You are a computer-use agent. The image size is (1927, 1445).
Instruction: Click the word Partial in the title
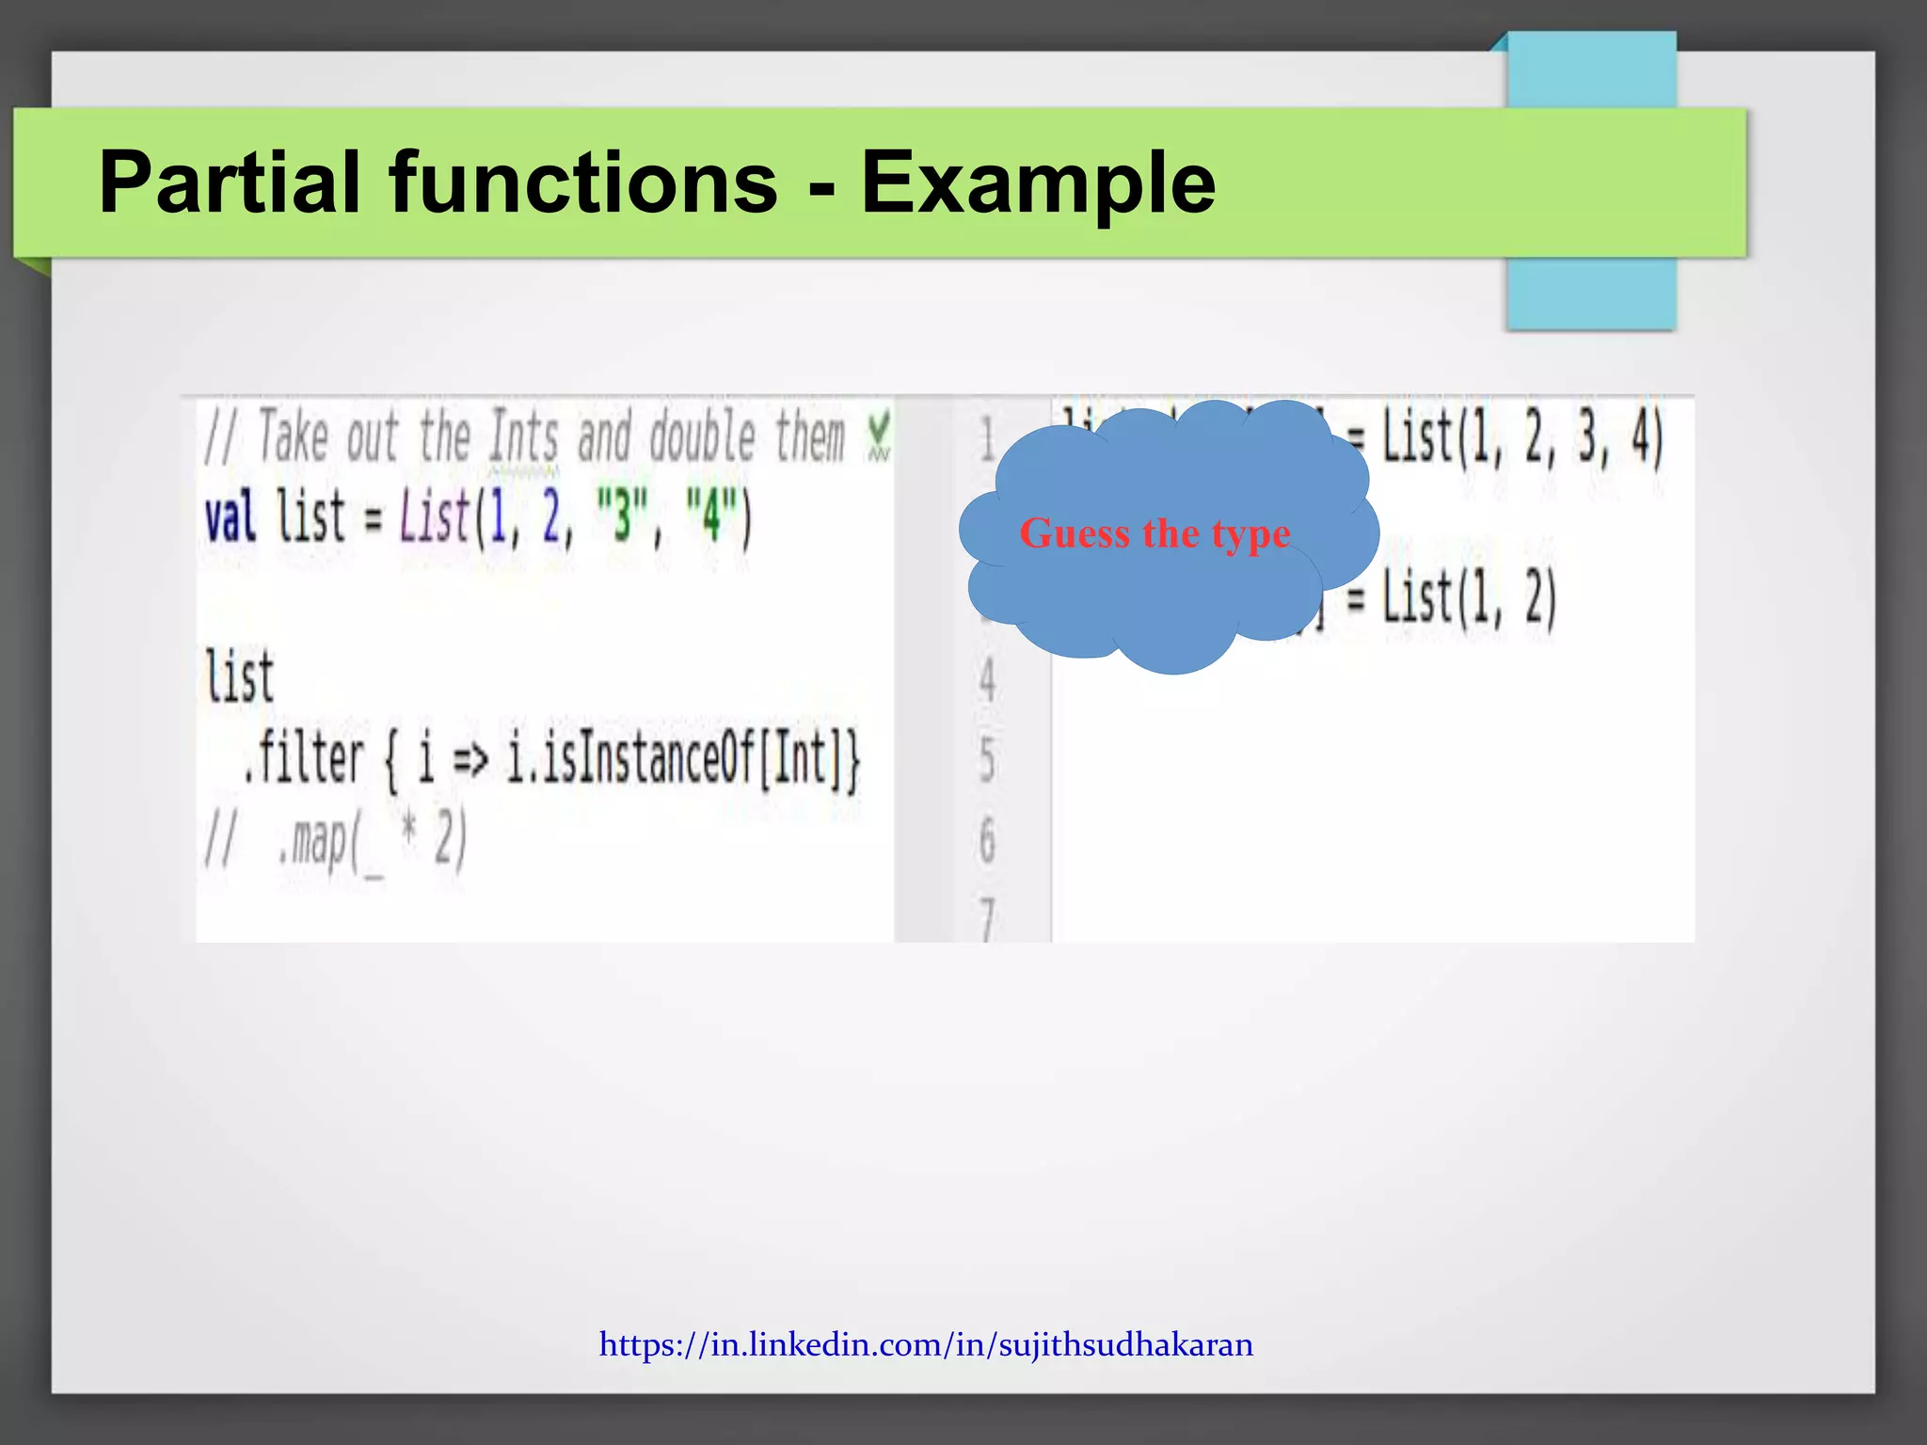coord(231,183)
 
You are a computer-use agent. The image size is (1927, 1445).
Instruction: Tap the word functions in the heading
coord(583,183)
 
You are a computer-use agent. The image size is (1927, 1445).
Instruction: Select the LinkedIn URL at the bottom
coord(926,1344)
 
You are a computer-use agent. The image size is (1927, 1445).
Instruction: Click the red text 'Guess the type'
coord(1155,533)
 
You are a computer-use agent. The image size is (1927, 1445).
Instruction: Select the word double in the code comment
coord(703,438)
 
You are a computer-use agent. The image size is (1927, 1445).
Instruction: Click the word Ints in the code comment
coord(523,438)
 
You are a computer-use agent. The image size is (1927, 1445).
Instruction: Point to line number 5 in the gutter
coord(987,759)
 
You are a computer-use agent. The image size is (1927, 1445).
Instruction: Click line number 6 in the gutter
coord(987,840)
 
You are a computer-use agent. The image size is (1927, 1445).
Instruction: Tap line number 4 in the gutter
coord(987,679)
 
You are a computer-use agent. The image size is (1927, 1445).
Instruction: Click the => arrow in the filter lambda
coord(470,760)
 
